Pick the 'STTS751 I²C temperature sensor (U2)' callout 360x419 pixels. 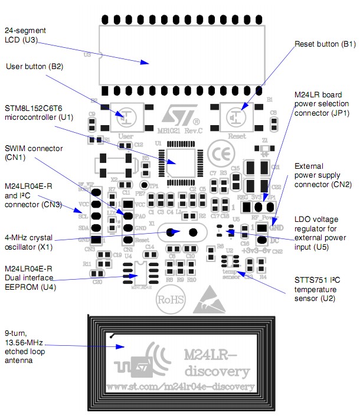(316, 289)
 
